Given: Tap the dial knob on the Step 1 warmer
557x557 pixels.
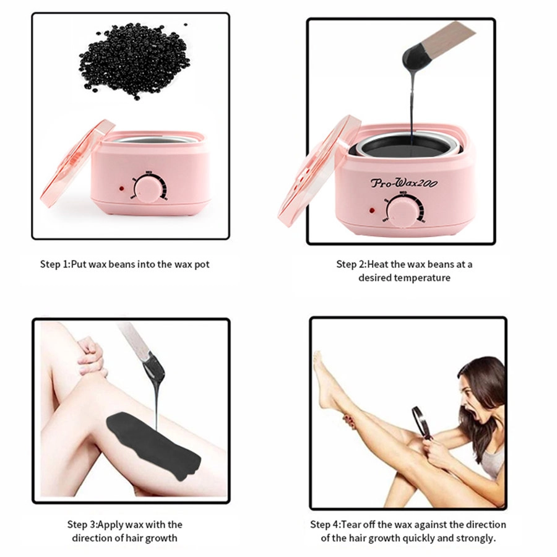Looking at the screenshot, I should [147, 188].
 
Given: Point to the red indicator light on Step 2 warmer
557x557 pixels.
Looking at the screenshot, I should [373, 211].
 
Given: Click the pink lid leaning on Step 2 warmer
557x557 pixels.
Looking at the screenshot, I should [313, 173].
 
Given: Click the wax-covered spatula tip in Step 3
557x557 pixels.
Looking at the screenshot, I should [151, 369].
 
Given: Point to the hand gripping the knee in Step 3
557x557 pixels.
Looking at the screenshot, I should [91, 356].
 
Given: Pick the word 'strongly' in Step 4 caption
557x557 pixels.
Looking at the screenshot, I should [476, 538].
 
